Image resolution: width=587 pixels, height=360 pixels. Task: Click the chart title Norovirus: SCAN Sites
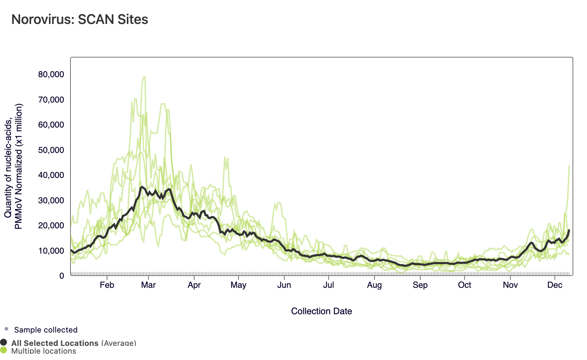tap(80, 19)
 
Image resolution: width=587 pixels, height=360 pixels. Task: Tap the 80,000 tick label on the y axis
tap(51, 74)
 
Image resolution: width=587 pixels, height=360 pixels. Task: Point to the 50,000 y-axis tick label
tap(51, 150)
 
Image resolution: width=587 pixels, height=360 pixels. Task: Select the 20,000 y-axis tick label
tap(51, 225)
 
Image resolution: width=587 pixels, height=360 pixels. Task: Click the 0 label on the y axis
tap(62, 276)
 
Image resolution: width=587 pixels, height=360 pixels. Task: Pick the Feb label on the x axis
tap(107, 285)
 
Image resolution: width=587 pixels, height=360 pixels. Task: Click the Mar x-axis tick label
tap(148, 285)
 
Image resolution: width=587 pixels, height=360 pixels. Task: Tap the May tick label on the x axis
tap(238, 285)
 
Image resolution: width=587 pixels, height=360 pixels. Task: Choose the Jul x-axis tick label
tap(328, 285)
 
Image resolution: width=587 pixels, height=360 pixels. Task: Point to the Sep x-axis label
tap(420, 285)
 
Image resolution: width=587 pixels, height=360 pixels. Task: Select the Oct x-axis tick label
tap(464, 285)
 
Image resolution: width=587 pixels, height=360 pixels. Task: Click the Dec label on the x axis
tap(555, 285)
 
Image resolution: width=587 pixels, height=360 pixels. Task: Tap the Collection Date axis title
tap(321, 311)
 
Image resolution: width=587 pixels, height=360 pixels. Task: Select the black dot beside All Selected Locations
tap(4, 342)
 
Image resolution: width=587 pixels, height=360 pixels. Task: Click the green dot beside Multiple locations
tap(4, 350)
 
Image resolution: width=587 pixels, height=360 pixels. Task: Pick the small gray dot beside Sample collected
tap(6, 329)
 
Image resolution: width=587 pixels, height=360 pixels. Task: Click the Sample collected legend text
tap(46, 330)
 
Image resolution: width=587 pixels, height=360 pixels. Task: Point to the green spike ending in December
tap(568, 183)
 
